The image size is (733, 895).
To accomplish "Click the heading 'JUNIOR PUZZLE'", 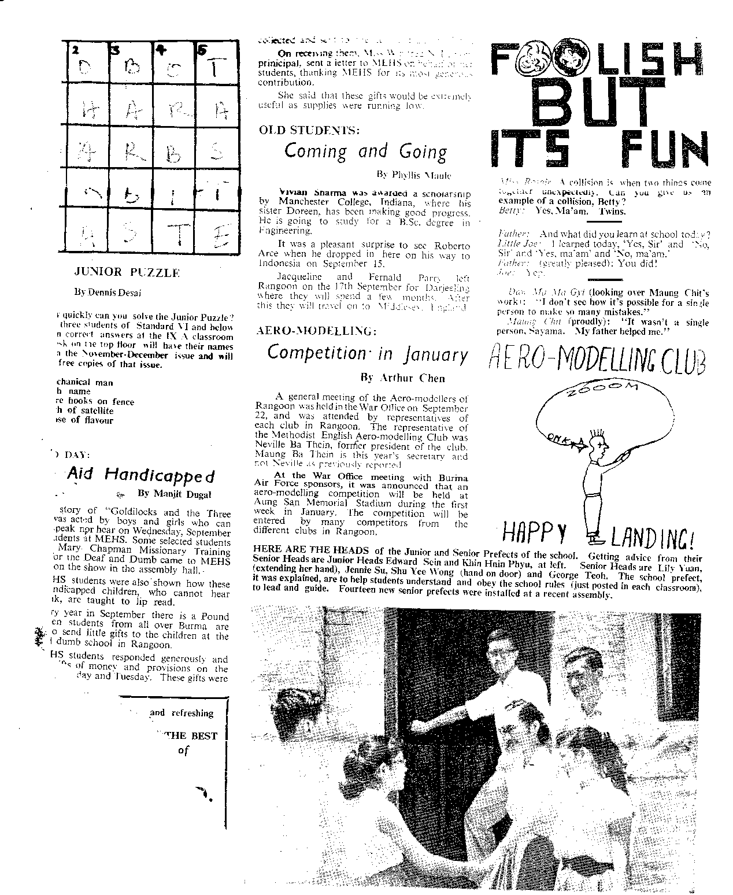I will coord(127,272).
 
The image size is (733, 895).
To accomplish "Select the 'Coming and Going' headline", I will coord(365,151).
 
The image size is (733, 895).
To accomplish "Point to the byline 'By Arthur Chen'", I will coord(402,378).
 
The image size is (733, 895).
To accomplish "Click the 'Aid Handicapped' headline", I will coord(140,475).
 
